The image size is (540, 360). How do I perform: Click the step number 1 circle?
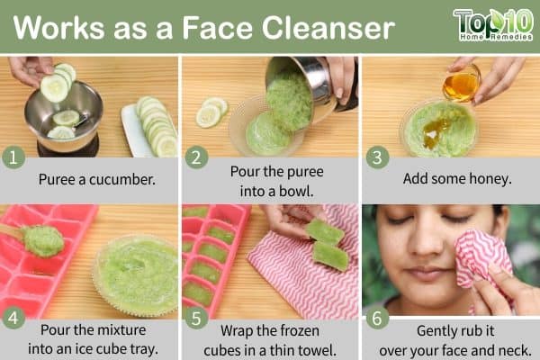point(13,157)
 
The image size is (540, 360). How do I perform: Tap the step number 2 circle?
point(196,157)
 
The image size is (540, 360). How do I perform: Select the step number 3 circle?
point(377,157)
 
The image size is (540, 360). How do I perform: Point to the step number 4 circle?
point(13,318)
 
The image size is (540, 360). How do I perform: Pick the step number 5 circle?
point(196,318)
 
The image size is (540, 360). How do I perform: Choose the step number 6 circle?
point(377,318)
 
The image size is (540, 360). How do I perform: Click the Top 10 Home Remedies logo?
point(494,25)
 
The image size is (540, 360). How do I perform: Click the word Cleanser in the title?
point(328,28)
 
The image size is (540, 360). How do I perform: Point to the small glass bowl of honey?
point(462,84)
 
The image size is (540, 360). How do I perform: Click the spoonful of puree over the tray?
point(43,240)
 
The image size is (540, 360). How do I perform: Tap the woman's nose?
point(425,244)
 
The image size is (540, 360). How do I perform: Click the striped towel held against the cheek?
point(481,261)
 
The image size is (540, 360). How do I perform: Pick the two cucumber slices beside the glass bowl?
point(211,112)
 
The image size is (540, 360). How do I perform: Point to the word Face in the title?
point(217,28)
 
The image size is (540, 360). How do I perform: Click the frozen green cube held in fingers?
point(325,232)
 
